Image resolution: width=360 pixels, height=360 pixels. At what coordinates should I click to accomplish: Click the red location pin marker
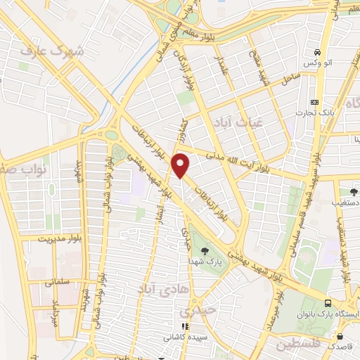(181, 165)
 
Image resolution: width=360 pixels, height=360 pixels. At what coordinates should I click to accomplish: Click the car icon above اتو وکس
(317, 53)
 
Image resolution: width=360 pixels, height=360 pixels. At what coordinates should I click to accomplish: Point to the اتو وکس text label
(317, 64)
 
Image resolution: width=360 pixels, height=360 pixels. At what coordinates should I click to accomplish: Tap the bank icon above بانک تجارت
(314, 101)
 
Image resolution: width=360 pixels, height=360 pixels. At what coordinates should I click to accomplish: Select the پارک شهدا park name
(204, 261)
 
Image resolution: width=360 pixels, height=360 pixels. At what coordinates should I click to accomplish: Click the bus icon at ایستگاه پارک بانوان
(328, 303)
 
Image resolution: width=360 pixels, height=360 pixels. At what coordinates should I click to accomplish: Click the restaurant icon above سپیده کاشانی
(185, 326)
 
